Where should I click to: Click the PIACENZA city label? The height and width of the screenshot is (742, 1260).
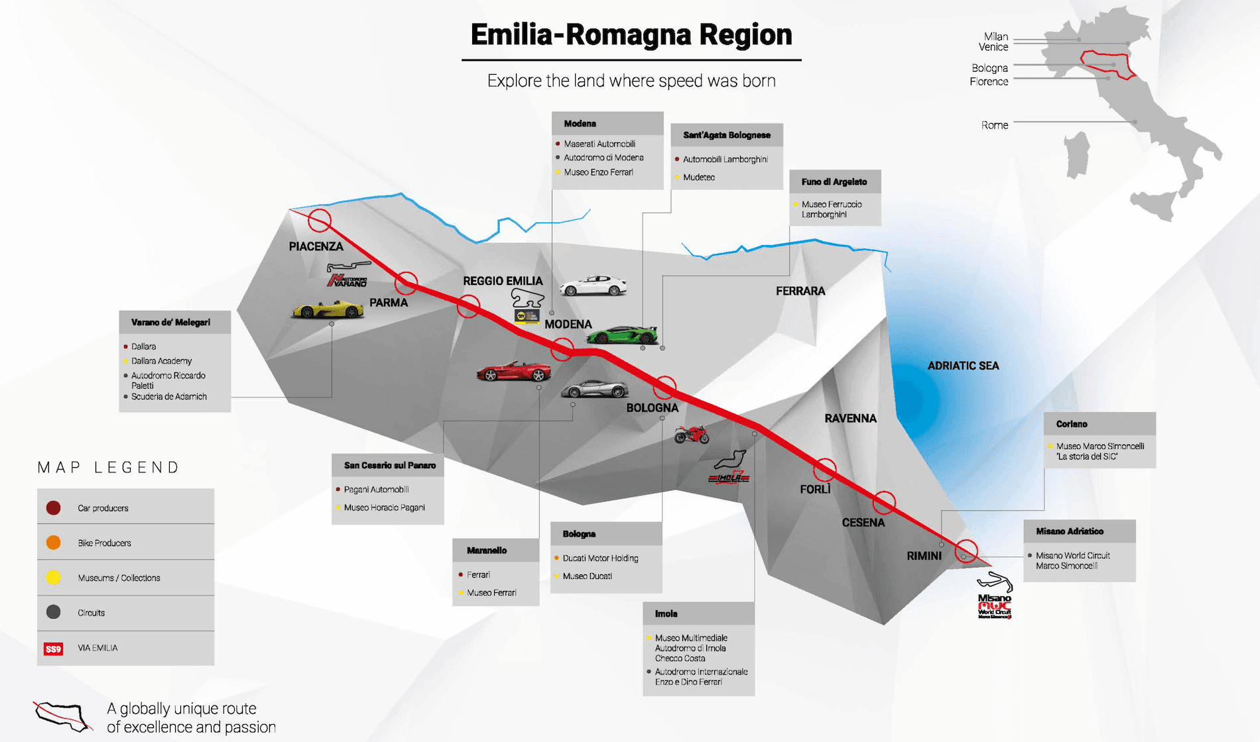point(316,246)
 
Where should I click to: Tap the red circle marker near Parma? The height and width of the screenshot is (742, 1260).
point(406,283)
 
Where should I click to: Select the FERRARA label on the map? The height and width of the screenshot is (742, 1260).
point(800,291)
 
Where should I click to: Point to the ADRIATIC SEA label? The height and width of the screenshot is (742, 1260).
point(963,366)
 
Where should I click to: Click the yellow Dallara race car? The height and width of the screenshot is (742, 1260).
point(328,309)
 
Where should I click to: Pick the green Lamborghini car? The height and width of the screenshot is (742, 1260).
point(621,335)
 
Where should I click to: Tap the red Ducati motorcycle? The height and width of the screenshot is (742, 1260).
point(691,435)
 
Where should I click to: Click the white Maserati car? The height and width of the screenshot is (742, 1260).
point(593,286)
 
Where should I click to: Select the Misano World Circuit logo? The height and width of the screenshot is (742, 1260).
point(995,597)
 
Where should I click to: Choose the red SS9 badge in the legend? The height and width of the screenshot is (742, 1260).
point(53,649)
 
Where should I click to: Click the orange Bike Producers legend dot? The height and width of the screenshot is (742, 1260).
point(54,543)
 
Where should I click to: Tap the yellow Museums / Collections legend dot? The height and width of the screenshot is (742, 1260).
point(54,578)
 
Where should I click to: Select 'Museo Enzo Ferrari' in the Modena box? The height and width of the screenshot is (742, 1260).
point(598,172)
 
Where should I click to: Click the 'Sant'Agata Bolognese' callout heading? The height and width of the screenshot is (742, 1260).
point(727,135)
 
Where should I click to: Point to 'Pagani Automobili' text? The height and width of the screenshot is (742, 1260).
point(376,490)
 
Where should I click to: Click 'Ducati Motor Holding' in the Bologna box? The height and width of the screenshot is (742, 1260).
point(600,558)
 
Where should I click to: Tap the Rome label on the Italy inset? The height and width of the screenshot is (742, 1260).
point(994,125)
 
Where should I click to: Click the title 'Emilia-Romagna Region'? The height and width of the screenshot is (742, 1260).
point(631,35)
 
